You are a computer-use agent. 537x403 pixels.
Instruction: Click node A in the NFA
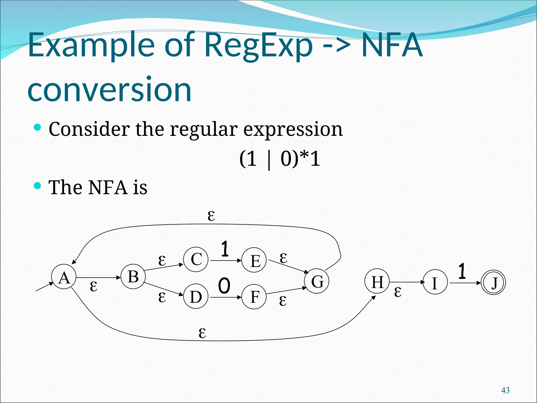click(x=64, y=277)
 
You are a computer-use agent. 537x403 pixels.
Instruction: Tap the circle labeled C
click(x=196, y=259)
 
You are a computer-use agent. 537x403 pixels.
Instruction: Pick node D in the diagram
click(x=196, y=296)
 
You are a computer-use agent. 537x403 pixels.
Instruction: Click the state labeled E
click(x=254, y=260)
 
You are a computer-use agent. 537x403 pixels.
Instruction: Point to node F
click(x=254, y=297)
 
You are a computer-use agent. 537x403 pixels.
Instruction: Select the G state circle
click(x=317, y=281)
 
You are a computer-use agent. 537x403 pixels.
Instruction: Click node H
click(x=377, y=282)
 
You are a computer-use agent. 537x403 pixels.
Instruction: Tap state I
click(x=435, y=282)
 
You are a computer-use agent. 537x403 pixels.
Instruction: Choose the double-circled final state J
click(x=493, y=283)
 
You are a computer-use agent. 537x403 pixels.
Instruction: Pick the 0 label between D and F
click(x=224, y=286)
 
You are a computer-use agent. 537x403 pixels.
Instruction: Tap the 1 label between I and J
click(x=462, y=271)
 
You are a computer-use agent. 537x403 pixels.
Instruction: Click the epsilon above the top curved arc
click(x=211, y=216)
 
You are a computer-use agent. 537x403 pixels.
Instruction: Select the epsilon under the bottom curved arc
click(x=202, y=333)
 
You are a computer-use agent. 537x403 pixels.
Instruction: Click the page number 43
click(x=505, y=390)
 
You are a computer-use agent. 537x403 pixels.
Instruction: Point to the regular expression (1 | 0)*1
click(x=280, y=159)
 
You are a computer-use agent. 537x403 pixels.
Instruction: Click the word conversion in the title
click(x=110, y=89)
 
